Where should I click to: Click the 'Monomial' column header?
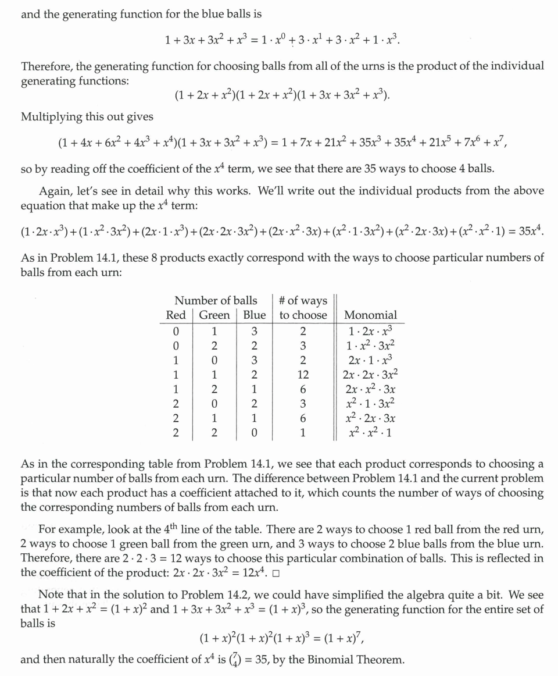[370, 315]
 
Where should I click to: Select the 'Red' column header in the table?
[176, 315]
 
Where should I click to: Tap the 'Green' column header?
[214, 315]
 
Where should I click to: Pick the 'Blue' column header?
[254, 315]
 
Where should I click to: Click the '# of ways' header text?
[303, 301]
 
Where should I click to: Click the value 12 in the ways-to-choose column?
[303, 375]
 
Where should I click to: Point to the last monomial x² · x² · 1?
[370, 433]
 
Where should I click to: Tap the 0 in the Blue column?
[254, 433]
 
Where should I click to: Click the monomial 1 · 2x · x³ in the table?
[370, 332]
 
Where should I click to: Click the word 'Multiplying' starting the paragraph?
[49, 117]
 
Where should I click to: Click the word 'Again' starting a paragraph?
[55, 191]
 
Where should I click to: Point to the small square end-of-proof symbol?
[276, 574]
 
